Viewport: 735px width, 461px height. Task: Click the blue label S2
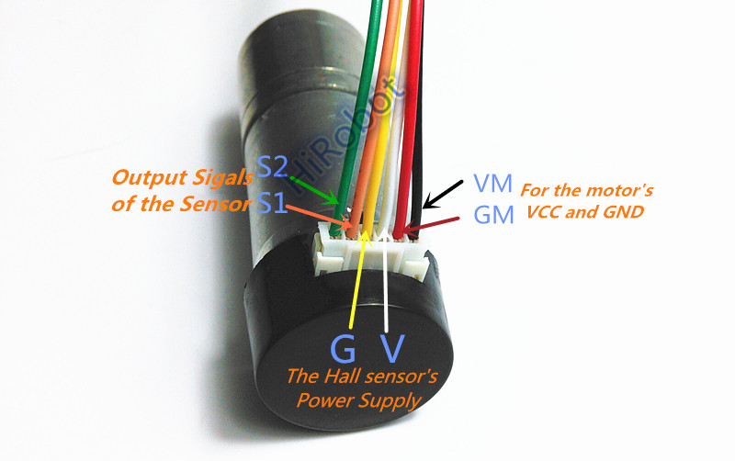click(272, 168)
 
